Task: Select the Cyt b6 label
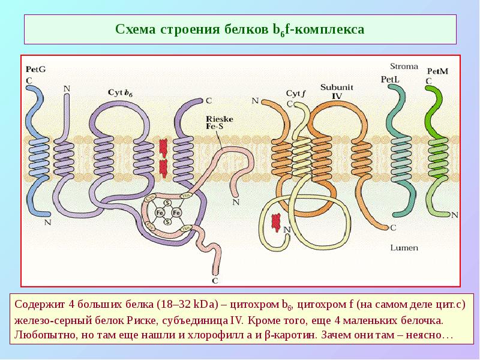pyautogui.click(x=121, y=92)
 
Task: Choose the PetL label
pyautogui.click(x=391, y=79)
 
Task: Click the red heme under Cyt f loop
pyautogui.click(x=276, y=222)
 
